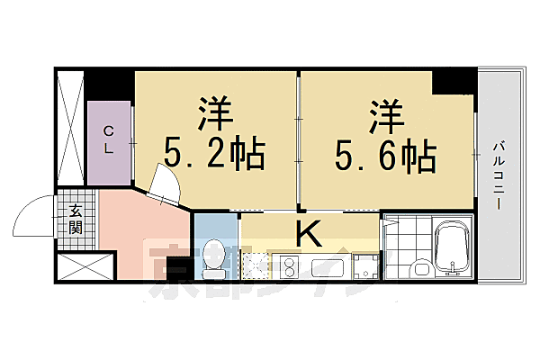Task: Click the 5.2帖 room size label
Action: pyautogui.click(x=214, y=156)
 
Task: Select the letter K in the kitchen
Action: pyautogui.click(x=308, y=234)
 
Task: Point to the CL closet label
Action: pyautogui.click(x=108, y=141)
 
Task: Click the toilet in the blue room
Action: pyautogui.click(x=213, y=256)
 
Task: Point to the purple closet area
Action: pyautogui.click(x=110, y=144)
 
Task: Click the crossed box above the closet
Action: pyautogui.click(x=70, y=126)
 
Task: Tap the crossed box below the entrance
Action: pyautogui.click(x=85, y=267)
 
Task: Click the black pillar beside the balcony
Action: pyautogui.click(x=454, y=83)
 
